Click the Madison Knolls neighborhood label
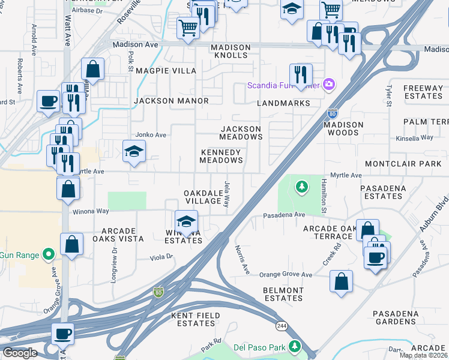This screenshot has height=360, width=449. point(229,52)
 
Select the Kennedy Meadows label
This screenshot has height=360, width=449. point(221,157)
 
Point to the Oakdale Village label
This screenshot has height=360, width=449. point(203,196)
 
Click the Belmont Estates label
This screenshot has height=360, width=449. point(283,294)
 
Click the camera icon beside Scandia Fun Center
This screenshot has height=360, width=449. point(328,85)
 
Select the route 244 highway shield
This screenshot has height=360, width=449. point(281,325)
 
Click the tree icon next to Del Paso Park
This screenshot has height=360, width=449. point(294,346)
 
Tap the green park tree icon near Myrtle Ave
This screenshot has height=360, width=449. point(301,187)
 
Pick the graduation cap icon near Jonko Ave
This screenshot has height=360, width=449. point(134,152)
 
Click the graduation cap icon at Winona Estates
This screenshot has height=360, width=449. point(186,221)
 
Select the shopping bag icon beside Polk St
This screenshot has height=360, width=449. point(93,69)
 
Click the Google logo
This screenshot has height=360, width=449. point(20,353)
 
